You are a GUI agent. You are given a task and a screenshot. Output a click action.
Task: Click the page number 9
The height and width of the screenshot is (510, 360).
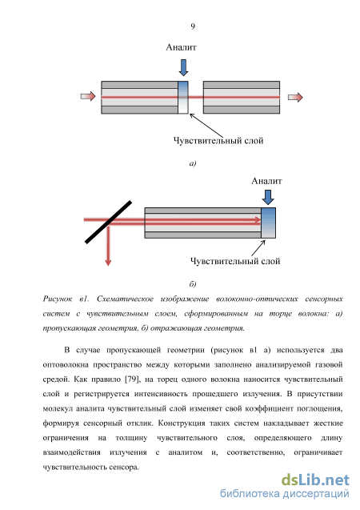pyautogui.click(x=193, y=26)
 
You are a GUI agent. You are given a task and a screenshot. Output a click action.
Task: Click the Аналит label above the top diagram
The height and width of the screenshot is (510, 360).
pyautogui.click(x=181, y=47)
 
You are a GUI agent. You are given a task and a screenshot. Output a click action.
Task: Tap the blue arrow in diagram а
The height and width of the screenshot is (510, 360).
pyautogui.click(x=183, y=67)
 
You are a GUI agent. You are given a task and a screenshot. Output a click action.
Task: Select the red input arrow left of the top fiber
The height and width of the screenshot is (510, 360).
pyautogui.click(x=88, y=96)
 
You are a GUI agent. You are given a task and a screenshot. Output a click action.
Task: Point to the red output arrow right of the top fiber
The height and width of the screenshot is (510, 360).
pyautogui.click(x=295, y=97)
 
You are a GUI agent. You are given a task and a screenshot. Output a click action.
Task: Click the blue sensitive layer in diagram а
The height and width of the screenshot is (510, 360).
pyautogui.click(x=183, y=97)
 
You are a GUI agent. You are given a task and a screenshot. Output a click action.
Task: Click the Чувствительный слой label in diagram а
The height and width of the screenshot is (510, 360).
pyautogui.click(x=218, y=141)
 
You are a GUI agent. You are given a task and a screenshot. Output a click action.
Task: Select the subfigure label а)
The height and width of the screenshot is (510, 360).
pyautogui.click(x=193, y=163)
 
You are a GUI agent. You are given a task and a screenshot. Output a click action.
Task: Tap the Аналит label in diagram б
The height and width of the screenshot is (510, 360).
pyautogui.click(x=266, y=181)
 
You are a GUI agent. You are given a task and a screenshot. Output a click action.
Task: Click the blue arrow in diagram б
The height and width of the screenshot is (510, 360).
pyautogui.click(x=268, y=197)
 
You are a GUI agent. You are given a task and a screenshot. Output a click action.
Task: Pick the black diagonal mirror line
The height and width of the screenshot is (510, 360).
pyautogui.click(x=108, y=222)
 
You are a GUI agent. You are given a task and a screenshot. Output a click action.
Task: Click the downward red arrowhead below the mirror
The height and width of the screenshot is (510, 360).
pyautogui.click(x=108, y=262)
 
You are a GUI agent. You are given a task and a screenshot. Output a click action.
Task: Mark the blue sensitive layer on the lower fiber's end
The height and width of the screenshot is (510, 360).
pyautogui.click(x=268, y=223)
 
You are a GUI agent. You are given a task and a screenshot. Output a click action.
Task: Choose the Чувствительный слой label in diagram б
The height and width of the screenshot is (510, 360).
pyautogui.click(x=235, y=261)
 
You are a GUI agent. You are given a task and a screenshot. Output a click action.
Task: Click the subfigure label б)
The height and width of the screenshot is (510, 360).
pyautogui.click(x=193, y=284)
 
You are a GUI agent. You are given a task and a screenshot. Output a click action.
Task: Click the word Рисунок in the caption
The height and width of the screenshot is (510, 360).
pyautogui.click(x=58, y=299)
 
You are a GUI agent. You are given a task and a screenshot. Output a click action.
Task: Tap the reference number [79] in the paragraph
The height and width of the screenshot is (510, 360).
pyautogui.click(x=132, y=379)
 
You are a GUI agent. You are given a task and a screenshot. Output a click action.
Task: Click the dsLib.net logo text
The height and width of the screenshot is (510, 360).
pyautogui.click(x=315, y=480)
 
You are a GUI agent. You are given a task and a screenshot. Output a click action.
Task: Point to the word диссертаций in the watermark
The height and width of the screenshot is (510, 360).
pyautogui.click(x=316, y=494)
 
